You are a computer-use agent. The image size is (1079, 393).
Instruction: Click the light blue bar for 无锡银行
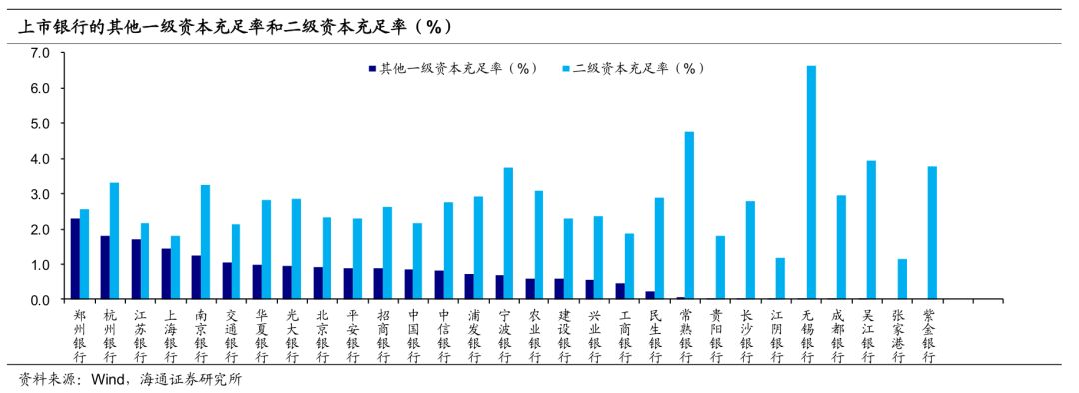(x=811, y=183)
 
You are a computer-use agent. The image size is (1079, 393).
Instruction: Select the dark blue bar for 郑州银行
(x=75, y=259)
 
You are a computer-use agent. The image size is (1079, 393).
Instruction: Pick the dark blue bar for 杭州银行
(x=105, y=268)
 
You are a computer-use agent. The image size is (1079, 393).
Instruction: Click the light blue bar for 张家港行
(x=901, y=280)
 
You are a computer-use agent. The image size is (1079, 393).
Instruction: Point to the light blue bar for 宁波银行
(x=508, y=234)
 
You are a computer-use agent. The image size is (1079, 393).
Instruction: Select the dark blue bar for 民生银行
(x=650, y=296)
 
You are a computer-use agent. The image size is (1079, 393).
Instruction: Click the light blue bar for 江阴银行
(x=780, y=279)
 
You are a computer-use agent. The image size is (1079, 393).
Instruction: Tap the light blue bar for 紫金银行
(x=932, y=233)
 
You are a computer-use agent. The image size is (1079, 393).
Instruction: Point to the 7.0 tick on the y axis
(x=41, y=53)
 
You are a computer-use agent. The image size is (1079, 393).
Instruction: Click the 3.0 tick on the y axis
(x=41, y=194)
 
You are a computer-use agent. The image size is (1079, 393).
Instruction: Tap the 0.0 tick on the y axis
(x=41, y=300)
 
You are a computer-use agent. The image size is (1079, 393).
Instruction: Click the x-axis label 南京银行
(x=202, y=335)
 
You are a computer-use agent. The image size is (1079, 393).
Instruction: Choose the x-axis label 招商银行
(x=383, y=335)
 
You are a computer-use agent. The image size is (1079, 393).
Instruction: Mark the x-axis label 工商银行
(x=624, y=335)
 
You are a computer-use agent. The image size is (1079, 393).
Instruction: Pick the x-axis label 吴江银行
(x=867, y=335)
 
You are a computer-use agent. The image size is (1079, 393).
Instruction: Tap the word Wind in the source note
(x=108, y=381)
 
